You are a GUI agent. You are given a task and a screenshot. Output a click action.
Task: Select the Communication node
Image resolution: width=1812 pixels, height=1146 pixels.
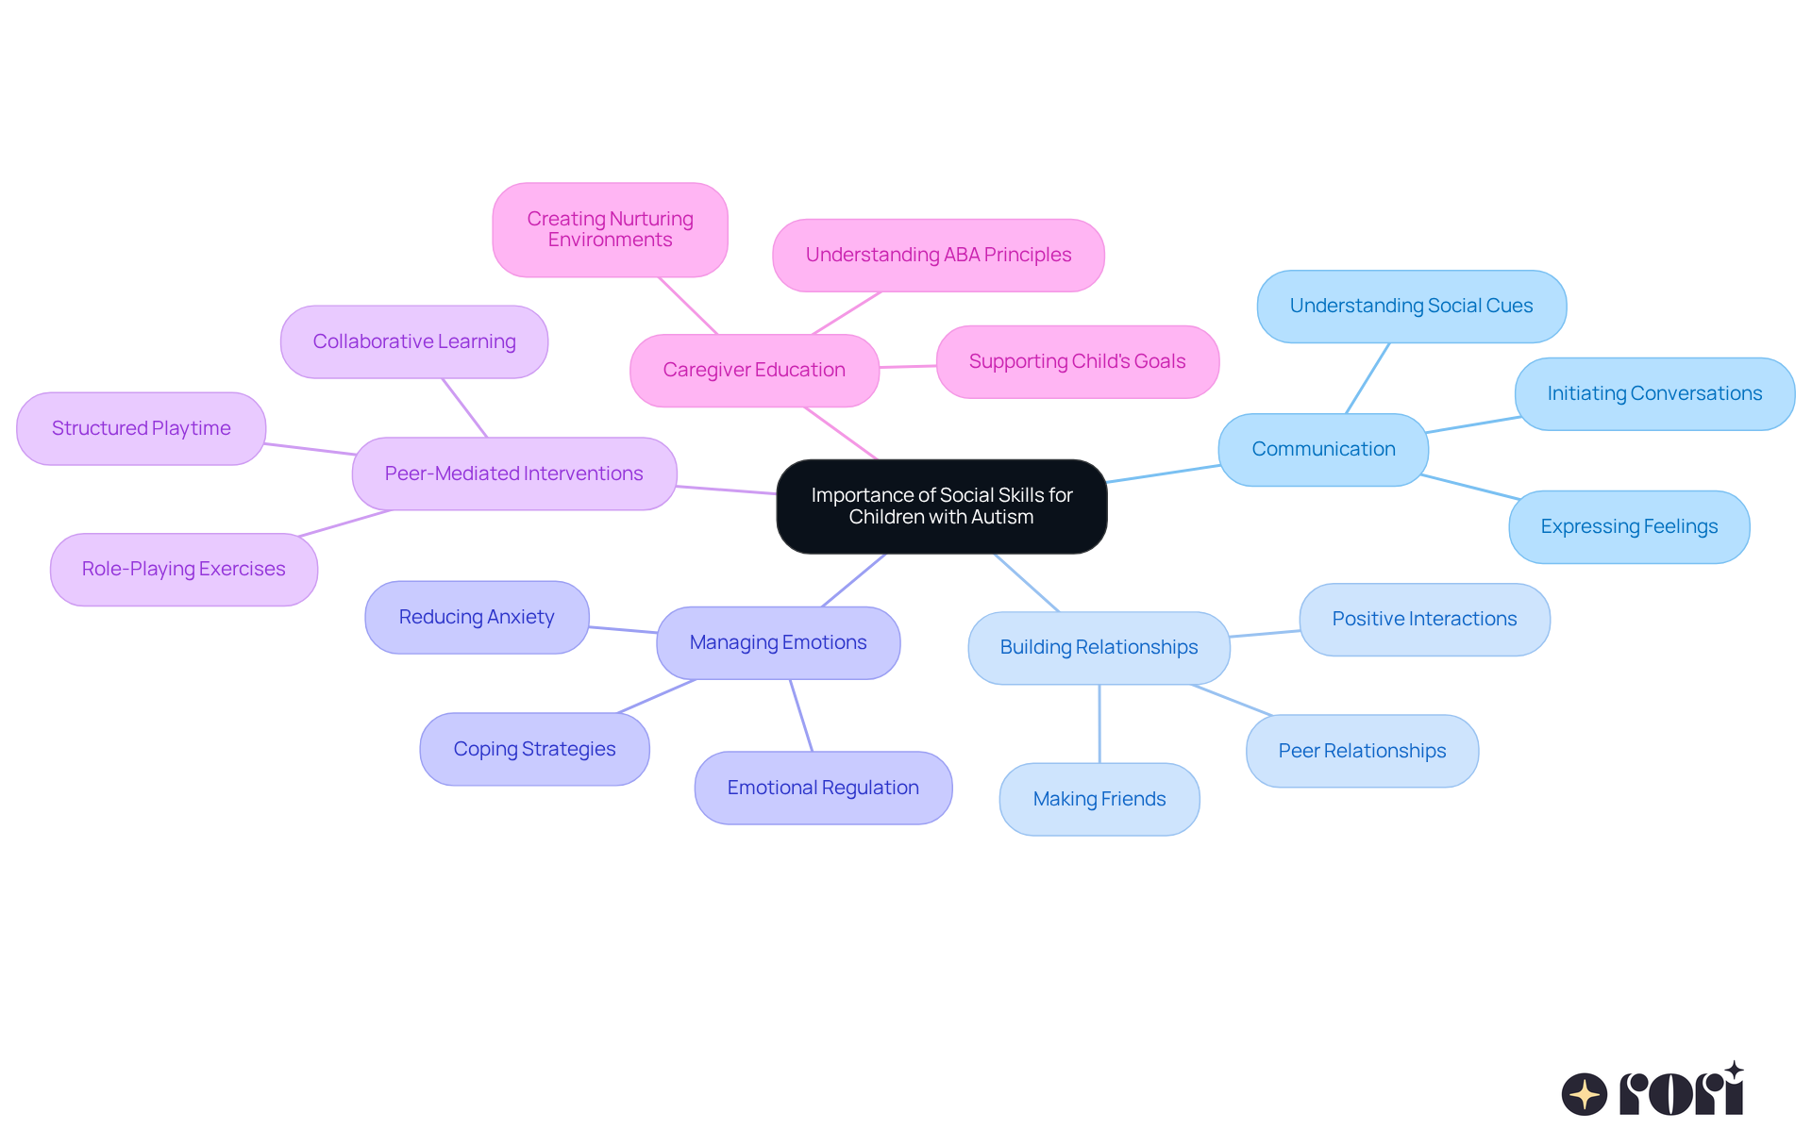pos(1322,449)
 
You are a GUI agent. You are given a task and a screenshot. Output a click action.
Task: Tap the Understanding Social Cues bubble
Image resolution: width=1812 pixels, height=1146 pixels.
pos(1411,306)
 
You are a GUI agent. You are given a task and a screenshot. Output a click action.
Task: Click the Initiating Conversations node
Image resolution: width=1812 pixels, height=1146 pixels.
pos(1653,393)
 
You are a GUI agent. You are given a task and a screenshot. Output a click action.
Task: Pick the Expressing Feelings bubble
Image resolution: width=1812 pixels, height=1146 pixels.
pos(1628,526)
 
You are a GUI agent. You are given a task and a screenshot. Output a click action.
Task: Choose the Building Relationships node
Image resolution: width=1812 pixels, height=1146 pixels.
pos(1098,647)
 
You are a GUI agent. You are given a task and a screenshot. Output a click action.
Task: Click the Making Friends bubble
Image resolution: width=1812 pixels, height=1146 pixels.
pos(1099,799)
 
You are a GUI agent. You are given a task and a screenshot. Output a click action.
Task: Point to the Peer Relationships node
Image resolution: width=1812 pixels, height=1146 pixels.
pos(1361,751)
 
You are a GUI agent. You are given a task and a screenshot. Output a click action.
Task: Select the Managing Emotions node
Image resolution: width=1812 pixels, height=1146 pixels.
pos(778,642)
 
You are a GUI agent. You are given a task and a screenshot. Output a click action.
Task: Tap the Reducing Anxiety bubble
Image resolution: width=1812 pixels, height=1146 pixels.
pos(476,617)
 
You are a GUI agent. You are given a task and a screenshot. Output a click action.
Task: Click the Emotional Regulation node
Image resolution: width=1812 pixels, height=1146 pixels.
pos(822,788)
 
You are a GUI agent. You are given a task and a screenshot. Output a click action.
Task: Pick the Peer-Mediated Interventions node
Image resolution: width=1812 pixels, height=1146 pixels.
pos(513,473)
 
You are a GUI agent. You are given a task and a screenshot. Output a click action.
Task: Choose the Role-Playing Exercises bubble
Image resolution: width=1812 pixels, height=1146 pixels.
pos(183,569)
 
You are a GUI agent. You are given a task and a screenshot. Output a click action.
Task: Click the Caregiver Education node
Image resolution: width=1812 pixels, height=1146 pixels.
pos(753,370)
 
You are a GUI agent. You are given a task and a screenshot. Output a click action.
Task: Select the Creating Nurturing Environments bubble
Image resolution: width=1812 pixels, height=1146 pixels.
pos(610,229)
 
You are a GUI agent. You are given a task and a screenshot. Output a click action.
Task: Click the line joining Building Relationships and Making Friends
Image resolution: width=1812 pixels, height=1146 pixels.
pos(1099,723)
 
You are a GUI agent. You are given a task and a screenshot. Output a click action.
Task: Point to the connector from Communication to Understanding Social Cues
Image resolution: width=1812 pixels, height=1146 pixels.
pos(1367,377)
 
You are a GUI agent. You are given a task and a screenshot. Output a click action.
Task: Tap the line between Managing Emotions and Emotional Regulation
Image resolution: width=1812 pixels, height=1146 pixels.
pos(801,715)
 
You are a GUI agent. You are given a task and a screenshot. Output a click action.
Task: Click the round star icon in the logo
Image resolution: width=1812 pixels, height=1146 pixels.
pos(1584,1094)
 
